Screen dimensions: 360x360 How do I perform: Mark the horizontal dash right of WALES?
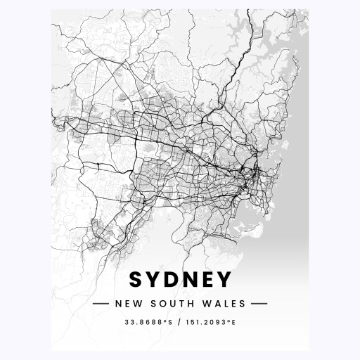[260, 304]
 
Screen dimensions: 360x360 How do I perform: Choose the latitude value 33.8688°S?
[147, 323]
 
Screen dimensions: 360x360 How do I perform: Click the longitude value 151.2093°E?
[211, 323]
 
